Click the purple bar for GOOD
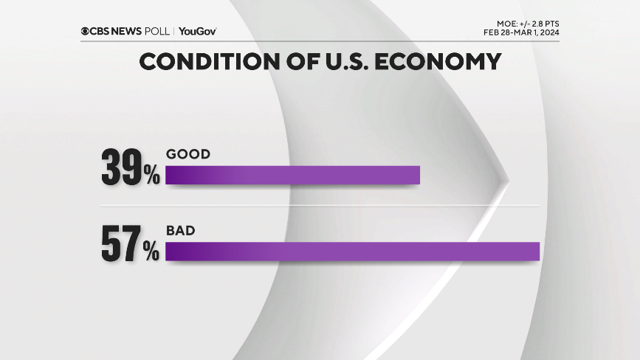292,175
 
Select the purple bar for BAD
353,251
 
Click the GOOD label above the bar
188,154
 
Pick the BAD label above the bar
181,230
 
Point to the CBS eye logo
86,31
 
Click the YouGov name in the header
197,31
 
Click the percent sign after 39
151,176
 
